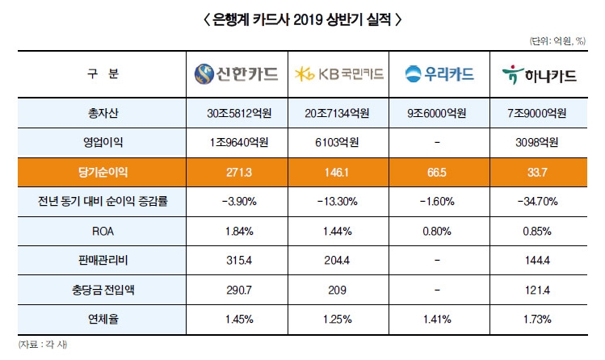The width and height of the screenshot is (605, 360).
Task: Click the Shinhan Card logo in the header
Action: coord(237,75)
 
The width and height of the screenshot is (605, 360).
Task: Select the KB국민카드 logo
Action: coord(339,75)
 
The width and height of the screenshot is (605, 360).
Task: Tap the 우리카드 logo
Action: coord(439,75)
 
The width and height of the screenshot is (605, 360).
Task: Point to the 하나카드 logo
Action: coord(539,75)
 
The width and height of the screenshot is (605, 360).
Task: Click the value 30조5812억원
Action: coord(237,112)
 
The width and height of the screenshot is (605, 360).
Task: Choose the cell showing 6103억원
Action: coord(339,141)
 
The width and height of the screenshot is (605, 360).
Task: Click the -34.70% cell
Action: coord(539,200)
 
